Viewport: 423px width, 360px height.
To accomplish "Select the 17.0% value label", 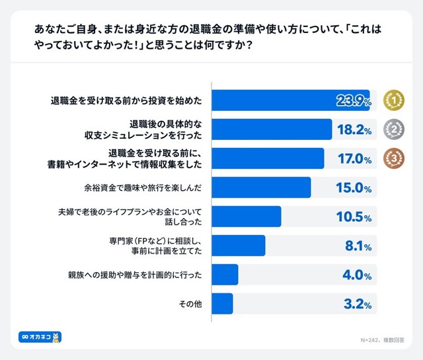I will click(353, 159).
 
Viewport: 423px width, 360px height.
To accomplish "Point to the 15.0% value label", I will click(353, 188).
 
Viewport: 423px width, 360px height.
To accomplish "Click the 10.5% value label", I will click(353, 217).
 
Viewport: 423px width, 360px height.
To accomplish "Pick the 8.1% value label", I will click(357, 246).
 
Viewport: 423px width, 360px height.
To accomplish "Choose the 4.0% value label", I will click(357, 275).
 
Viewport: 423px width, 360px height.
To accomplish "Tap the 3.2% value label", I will click(357, 304).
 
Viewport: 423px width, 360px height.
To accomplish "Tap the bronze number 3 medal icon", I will click(394, 159).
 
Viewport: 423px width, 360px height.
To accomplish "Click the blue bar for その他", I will click(222, 304).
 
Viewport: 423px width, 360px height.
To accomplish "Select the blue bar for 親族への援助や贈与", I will click(225, 275).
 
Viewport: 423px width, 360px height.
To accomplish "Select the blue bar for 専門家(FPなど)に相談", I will click(239, 246).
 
